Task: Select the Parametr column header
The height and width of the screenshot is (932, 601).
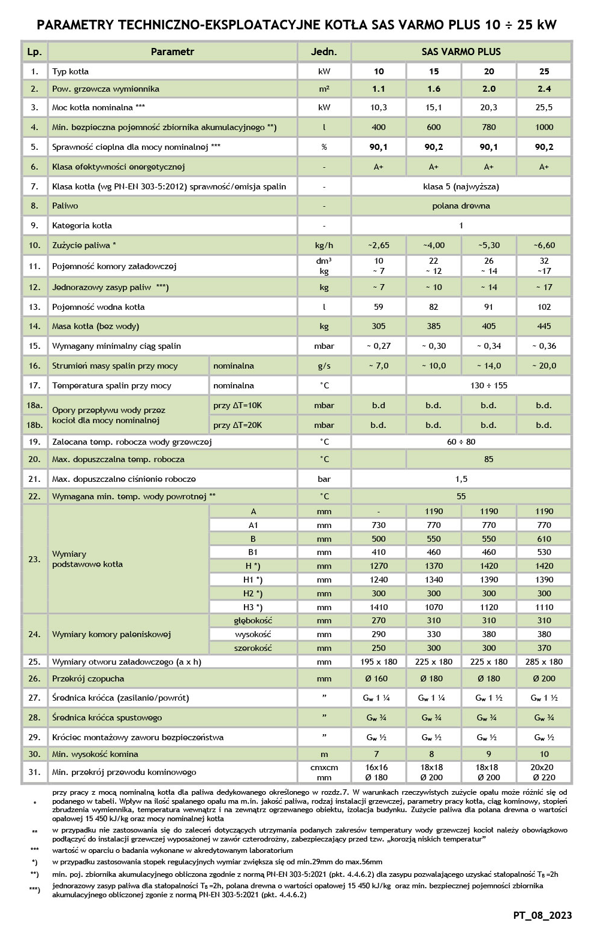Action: tap(173, 52)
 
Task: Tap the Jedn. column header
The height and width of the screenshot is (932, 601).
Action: tap(324, 52)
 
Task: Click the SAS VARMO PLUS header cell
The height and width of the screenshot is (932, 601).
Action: tap(461, 52)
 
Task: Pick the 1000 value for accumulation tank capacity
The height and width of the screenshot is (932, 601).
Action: tap(544, 127)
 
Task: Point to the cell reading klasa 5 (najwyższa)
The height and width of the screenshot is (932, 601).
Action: tap(461, 186)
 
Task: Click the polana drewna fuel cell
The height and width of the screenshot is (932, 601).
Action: tap(461, 206)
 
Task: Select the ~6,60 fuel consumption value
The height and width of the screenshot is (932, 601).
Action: tap(544, 245)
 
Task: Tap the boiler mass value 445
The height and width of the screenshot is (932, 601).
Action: tap(544, 326)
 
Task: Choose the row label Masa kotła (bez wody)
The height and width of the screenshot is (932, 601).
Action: tap(96, 326)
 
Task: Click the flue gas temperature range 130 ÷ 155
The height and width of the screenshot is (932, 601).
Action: tap(488, 385)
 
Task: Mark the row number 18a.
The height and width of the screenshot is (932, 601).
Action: tap(34, 405)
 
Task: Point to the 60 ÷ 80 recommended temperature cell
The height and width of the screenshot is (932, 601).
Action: tap(461, 442)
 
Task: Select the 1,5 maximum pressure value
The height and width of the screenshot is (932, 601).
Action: tap(461, 479)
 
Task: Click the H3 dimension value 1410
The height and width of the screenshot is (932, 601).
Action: tap(379, 607)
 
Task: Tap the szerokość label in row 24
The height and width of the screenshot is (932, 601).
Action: tap(253, 648)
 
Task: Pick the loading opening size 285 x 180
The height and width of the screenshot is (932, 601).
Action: tap(544, 662)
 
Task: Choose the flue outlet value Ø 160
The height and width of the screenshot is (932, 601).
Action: tap(379, 678)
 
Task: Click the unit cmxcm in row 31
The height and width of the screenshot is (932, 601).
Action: tap(324, 767)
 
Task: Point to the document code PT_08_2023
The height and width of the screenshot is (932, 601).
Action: tap(542, 915)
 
